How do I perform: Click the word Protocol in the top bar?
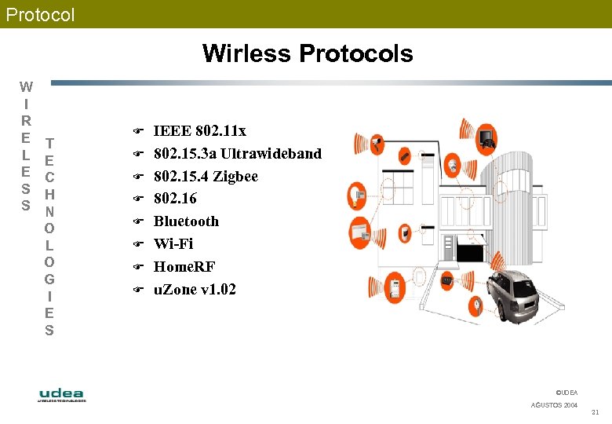click(x=40, y=14)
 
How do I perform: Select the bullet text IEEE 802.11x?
click(x=199, y=130)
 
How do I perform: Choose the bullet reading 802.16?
click(x=175, y=199)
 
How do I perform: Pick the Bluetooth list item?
click(x=186, y=221)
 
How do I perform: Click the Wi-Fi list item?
click(x=173, y=244)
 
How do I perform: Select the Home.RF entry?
click(x=184, y=267)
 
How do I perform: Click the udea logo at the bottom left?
click(x=62, y=394)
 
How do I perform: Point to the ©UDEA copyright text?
click(x=566, y=392)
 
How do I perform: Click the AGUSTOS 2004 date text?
click(x=554, y=405)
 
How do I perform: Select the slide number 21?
click(x=595, y=412)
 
